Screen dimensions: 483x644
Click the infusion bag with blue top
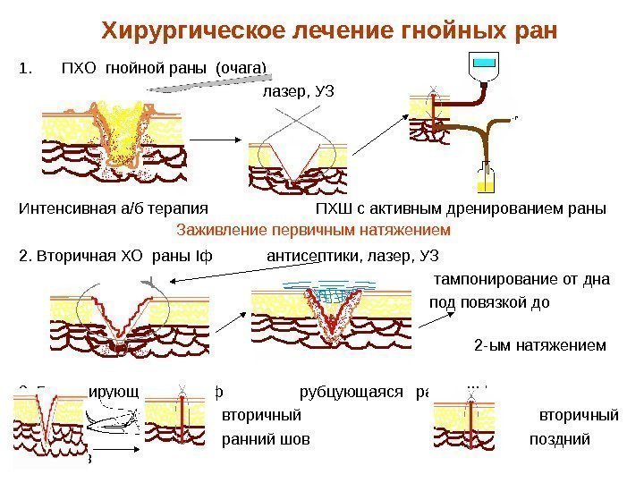484,67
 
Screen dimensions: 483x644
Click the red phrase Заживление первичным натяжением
313,230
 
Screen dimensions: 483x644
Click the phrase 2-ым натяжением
538,344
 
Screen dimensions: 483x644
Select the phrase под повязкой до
489,301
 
